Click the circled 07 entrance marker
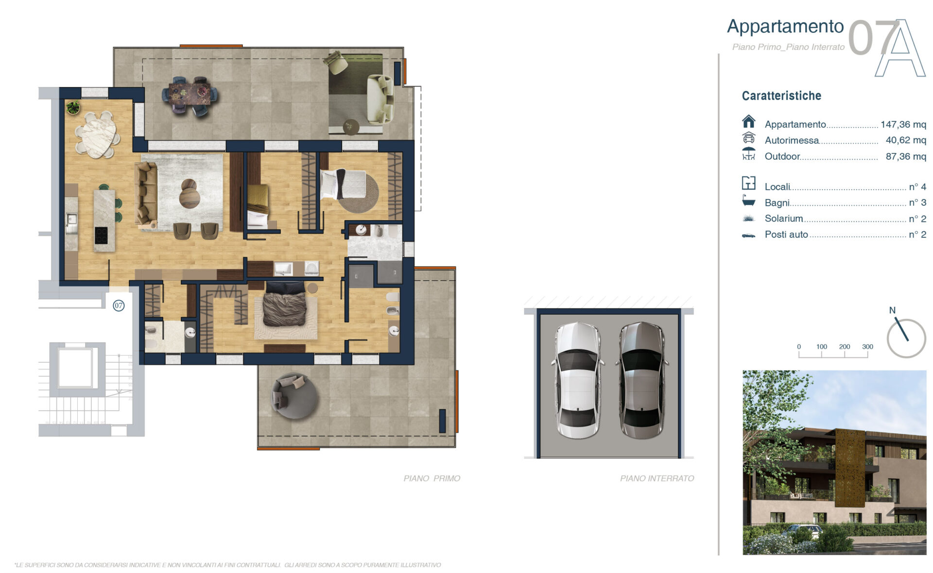click(119, 305)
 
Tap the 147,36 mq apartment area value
click(903, 124)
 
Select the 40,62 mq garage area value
click(906, 140)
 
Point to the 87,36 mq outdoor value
click(906, 156)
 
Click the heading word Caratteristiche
click(781, 96)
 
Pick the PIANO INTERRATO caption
click(657, 478)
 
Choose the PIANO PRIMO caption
click(432, 478)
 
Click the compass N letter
click(892, 310)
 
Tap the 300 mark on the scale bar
click(867, 347)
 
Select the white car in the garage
click(577, 380)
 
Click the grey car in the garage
click(641, 380)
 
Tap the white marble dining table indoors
click(99, 135)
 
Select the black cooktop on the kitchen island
click(101, 236)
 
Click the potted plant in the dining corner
click(73, 107)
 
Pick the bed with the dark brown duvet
click(284, 304)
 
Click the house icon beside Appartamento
click(749, 121)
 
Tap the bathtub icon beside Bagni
click(749, 200)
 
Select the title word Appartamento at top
click(785, 27)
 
